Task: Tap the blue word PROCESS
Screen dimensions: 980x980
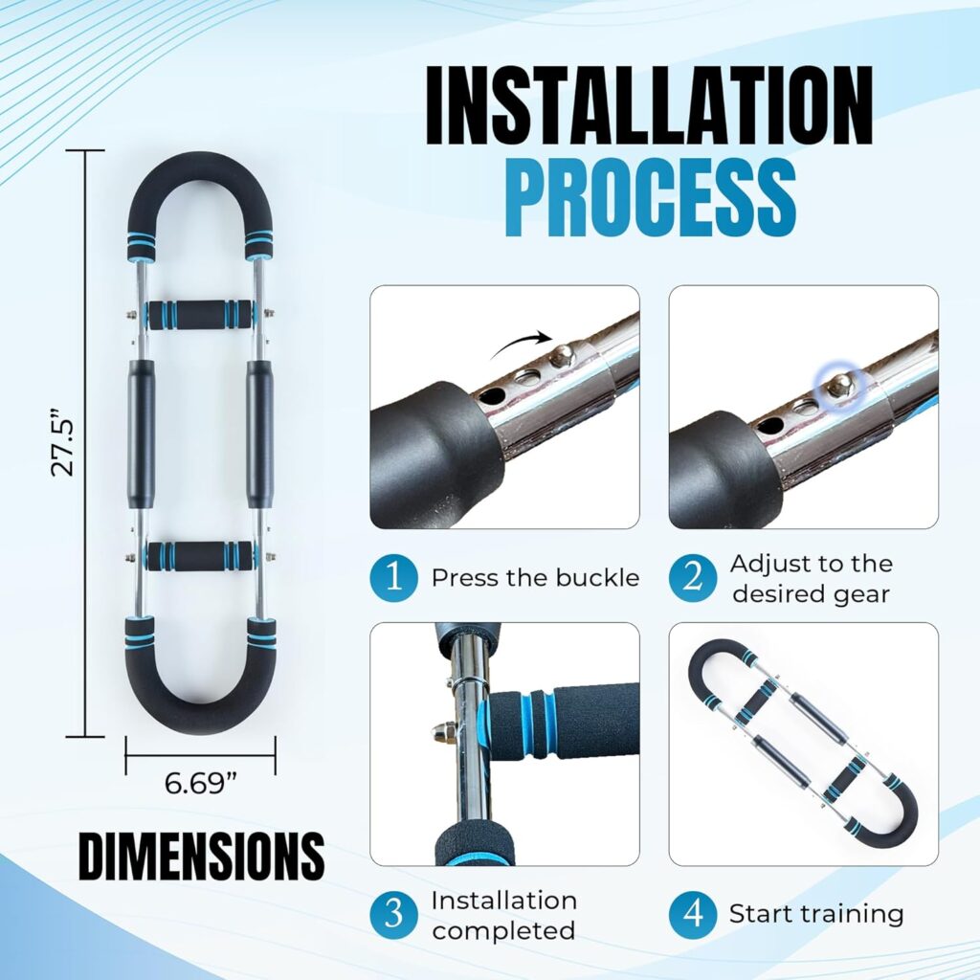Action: pyautogui.click(x=650, y=197)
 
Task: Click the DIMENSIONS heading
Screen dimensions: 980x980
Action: pyautogui.click(x=201, y=856)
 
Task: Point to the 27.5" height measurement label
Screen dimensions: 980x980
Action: pyautogui.click(x=62, y=443)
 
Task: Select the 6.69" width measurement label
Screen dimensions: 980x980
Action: pyautogui.click(x=201, y=783)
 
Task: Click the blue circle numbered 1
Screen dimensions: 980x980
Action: pyautogui.click(x=393, y=577)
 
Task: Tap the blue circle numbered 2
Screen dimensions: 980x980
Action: pyautogui.click(x=693, y=577)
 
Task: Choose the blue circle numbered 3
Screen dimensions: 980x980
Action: pyautogui.click(x=393, y=914)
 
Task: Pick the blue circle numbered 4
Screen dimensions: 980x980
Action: pyautogui.click(x=693, y=914)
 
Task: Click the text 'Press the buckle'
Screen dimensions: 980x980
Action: pyautogui.click(x=535, y=577)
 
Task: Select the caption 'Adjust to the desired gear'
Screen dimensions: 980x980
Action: pyautogui.click(x=812, y=578)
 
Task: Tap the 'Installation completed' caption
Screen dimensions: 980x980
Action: pyautogui.click(x=503, y=915)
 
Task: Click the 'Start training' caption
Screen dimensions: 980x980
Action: pyautogui.click(x=816, y=914)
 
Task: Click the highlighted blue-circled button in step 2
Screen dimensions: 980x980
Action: pyautogui.click(x=839, y=385)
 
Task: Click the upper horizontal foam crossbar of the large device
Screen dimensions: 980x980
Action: pyautogui.click(x=201, y=315)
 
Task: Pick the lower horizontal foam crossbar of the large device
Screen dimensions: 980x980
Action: pyautogui.click(x=201, y=554)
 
